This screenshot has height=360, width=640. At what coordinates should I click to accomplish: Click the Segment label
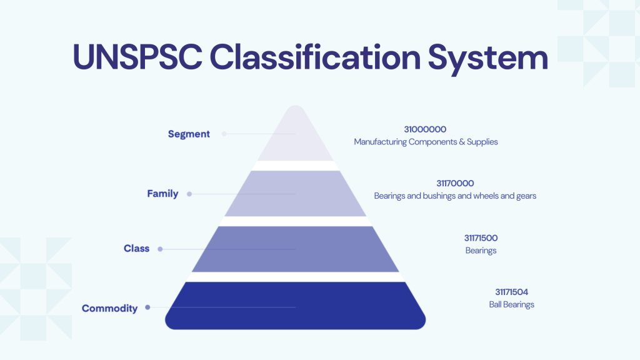[x=189, y=134]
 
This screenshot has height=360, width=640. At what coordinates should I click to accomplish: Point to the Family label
[x=162, y=194]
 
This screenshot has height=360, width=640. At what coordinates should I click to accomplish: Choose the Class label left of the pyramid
[x=136, y=249]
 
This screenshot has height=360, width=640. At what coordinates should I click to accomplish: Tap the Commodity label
[x=109, y=308]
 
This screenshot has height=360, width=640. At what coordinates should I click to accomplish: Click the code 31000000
[x=425, y=129]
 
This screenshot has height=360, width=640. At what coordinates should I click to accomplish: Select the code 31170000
[x=455, y=183]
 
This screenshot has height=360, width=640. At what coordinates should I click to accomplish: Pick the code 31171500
[x=481, y=238]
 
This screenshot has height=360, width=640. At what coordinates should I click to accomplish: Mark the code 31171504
[x=511, y=292]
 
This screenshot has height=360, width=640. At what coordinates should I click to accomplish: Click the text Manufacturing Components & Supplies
[x=426, y=142]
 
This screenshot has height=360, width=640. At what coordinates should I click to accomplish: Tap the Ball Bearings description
[x=511, y=304]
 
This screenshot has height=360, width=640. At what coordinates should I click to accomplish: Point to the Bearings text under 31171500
[x=481, y=251]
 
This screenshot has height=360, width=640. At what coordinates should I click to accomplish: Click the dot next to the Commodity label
[x=147, y=307]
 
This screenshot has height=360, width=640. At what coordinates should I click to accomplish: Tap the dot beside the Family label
[x=189, y=194]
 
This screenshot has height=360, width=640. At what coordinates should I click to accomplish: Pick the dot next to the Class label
[x=160, y=249]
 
